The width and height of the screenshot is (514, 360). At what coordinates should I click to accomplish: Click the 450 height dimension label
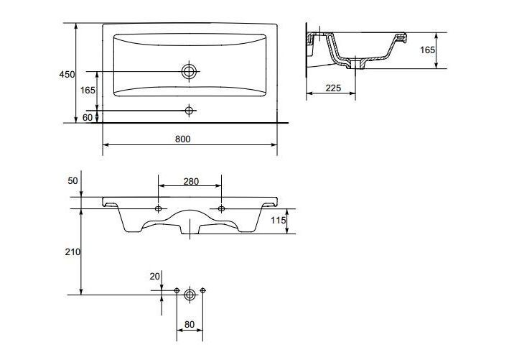[67, 75]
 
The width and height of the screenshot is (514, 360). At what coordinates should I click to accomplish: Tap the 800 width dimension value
[182, 139]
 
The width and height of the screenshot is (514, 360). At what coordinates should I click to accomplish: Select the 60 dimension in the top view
[88, 117]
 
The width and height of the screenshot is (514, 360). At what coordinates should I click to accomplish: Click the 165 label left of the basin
[88, 90]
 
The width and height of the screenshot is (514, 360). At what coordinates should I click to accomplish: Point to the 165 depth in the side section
[427, 50]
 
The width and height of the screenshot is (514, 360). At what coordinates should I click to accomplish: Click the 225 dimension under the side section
[333, 88]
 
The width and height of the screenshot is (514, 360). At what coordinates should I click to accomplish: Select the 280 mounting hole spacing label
[191, 181]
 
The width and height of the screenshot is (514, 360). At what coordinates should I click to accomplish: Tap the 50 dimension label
[73, 181]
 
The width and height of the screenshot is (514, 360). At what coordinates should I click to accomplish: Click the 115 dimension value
[279, 220]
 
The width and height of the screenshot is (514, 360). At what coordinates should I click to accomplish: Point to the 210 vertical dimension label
[73, 251]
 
